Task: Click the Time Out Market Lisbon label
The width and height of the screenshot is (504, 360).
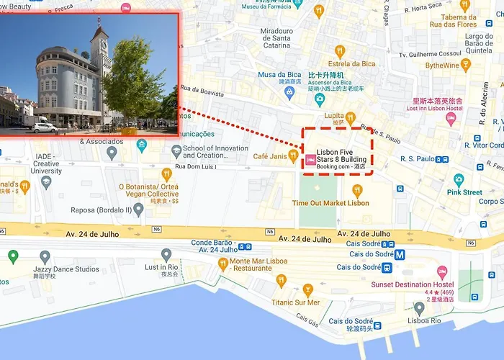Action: (x=330, y=203)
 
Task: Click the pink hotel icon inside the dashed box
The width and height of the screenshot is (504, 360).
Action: (x=310, y=161)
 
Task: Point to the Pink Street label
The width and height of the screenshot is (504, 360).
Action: (x=464, y=192)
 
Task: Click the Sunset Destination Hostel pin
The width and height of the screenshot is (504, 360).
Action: (x=442, y=272)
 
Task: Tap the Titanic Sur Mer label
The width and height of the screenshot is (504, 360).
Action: (x=296, y=302)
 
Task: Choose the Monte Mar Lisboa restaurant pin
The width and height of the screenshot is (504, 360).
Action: (x=223, y=264)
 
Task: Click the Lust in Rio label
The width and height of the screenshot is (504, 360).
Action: (x=161, y=267)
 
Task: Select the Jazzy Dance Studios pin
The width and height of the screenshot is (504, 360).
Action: (x=45, y=256)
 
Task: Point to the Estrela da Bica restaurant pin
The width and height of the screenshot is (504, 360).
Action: (x=340, y=51)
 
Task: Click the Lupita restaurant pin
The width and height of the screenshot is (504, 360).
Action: (x=350, y=117)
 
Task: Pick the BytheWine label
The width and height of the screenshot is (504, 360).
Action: (x=442, y=66)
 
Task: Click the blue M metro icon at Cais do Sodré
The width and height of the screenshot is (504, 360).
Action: (x=399, y=253)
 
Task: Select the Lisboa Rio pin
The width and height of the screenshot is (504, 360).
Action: (x=419, y=308)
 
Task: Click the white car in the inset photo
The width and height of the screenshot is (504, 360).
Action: (x=44, y=127)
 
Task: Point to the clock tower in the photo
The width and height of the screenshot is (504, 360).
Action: (x=99, y=43)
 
